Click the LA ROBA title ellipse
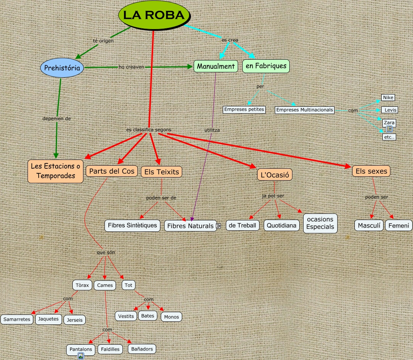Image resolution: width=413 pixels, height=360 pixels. (x=154, y=15)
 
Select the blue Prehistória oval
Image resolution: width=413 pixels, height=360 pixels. (x=62, y=68)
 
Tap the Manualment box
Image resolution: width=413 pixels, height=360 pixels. (x=215, y=66)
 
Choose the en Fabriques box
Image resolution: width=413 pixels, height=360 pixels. (x=266, y=66)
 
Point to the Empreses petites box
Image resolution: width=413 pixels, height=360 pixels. (x=244, y=109)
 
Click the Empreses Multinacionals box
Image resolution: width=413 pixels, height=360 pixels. (x=305, y=110)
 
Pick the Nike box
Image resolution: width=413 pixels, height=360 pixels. (x=388, y=98)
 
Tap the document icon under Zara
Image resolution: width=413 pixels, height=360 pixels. (x=389, y=129)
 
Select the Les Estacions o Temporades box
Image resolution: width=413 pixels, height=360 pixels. (x=56, y=171)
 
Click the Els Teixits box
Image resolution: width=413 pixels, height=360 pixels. (x=162, y=172)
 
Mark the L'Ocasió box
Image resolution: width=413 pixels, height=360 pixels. (x=275, y=174)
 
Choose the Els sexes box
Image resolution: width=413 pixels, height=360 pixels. (x=371, y=171)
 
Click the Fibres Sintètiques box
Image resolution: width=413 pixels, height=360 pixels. (x=132, y=225)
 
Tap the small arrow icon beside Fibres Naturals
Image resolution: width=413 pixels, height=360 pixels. (x=219, y=226)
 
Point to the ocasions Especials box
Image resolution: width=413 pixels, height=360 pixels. (x=320, y=223)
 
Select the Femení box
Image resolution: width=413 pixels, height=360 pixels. (x=398, y=225)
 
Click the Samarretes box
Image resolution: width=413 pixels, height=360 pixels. (x=17, y=319)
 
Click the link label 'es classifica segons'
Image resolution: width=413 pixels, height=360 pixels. (x=149, y=130)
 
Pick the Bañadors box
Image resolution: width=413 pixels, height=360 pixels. (x=142, y=349)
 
